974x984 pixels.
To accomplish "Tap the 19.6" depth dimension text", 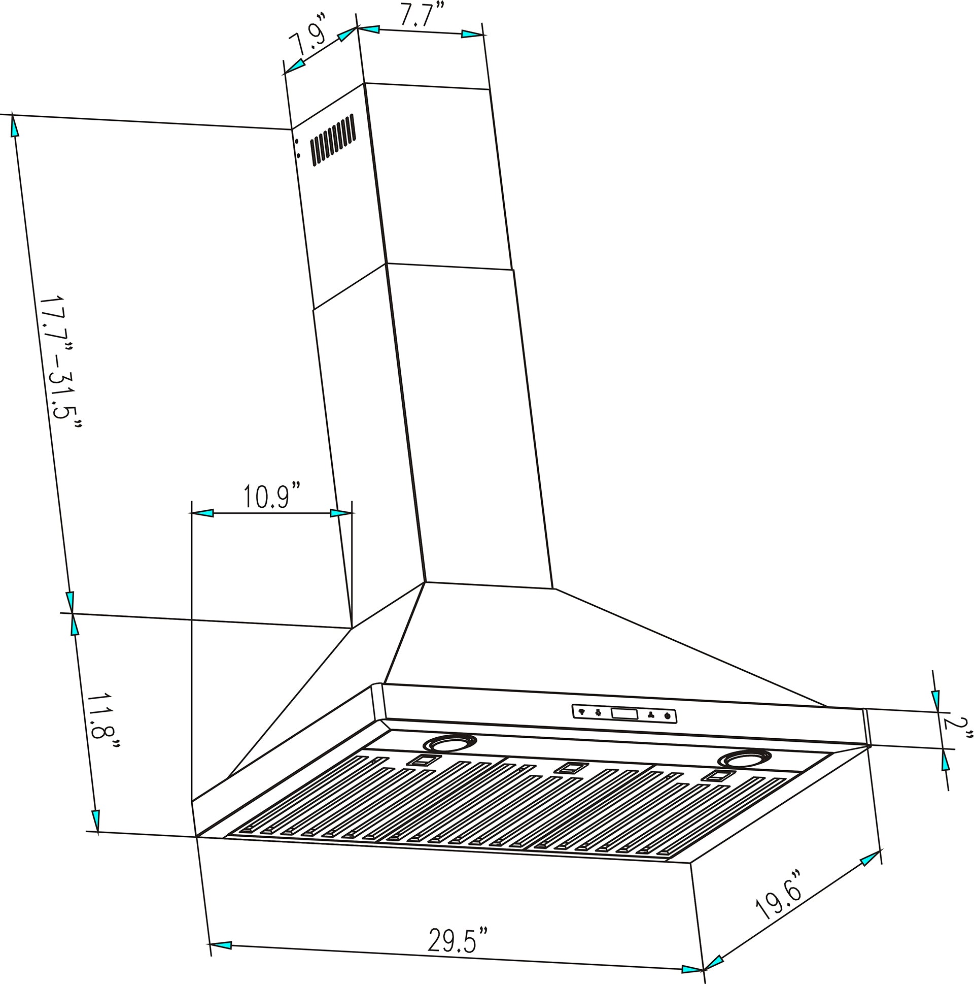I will pos(779,894).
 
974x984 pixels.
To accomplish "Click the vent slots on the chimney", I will pos(332,140).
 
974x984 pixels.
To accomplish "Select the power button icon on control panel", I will pos(667,716).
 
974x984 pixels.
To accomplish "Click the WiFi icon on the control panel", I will pos(582,712).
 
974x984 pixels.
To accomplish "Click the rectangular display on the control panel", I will pos(624,714).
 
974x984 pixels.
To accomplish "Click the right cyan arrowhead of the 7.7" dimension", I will pos(473,34).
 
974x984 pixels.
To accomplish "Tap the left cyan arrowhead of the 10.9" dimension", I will pos(202,513).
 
